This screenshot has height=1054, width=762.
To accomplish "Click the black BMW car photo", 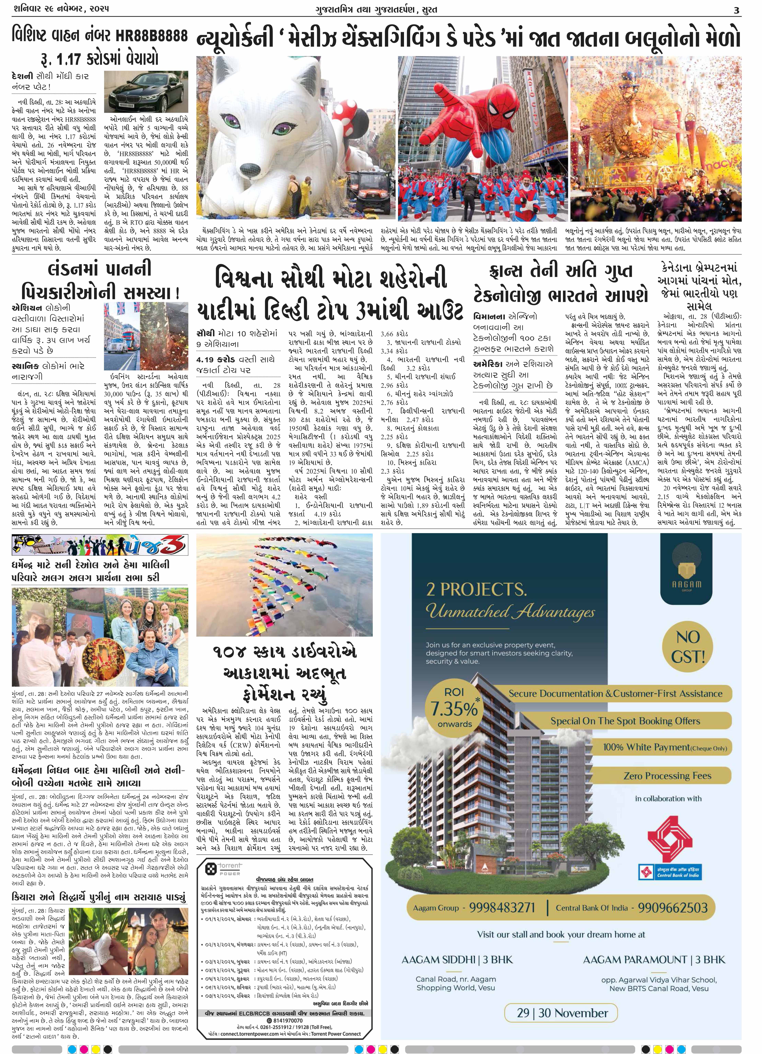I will pos(146,91).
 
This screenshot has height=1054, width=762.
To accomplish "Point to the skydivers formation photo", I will pos(284,585).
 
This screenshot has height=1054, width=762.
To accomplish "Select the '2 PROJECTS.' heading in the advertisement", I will pos(476,589).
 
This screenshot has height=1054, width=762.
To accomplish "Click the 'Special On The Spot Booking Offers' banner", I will pos(625,721).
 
